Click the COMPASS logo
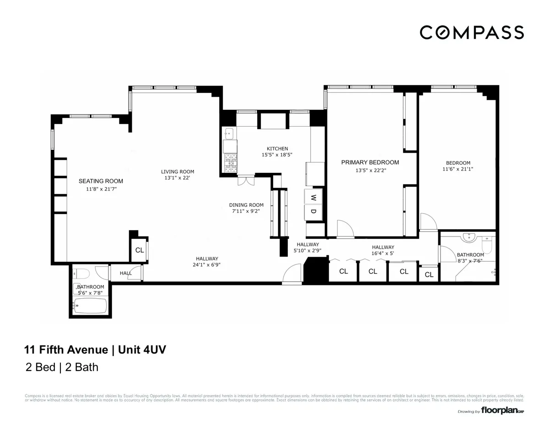[x=472, y=32]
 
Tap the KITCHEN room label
[x=277, y=148]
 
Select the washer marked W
[x=313, y=198]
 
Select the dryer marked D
[x=313, y=211]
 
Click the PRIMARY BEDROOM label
[x=370, y=162]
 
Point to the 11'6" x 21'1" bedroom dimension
[x=457, y=169]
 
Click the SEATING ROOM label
[x=101, y=181]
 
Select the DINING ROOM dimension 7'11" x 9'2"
[x=246, y=211]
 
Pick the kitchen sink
[x=230, y=134]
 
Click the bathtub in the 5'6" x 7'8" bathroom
[x=91, y=306]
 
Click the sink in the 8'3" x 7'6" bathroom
[x=468, y=237]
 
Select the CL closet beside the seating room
[x=140, y=250]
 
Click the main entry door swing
[x=292, y=275]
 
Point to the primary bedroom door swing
[x=345, y=228]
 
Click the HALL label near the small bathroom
[x=126, y=273]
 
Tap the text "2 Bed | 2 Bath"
[x=62, y=367]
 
